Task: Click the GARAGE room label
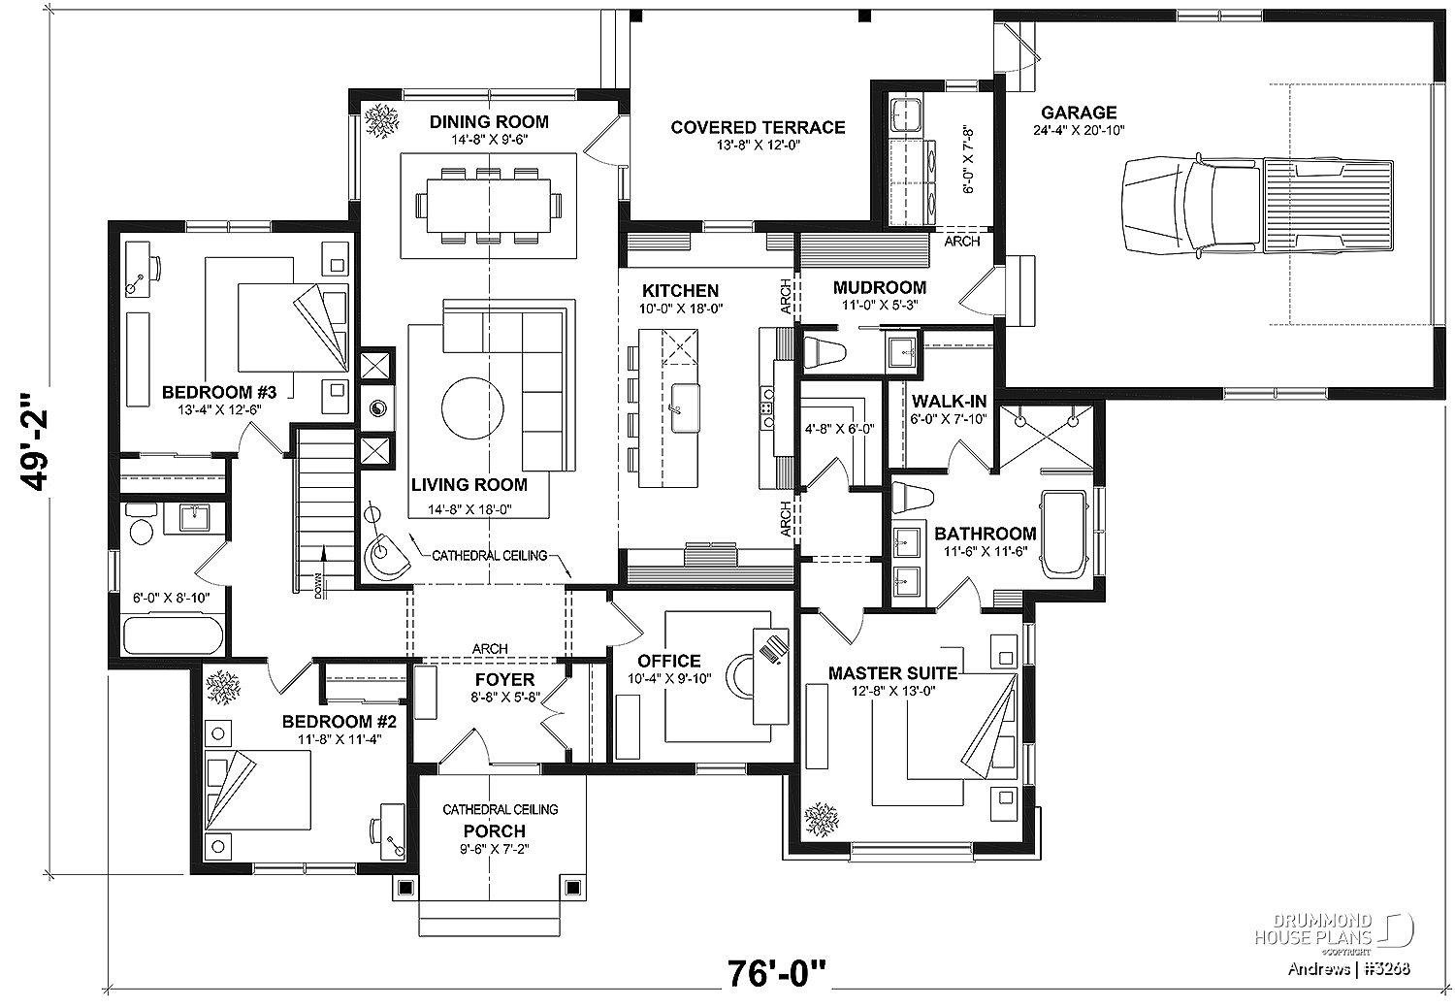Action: point(1079,113)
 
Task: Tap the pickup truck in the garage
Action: point(1258,206)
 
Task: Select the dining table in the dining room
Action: point(489,206)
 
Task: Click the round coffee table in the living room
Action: point(472,408)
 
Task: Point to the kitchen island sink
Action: point(685,407)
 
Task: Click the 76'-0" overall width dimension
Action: point(777,974)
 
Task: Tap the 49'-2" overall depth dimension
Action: point(34,442)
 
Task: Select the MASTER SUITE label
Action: point(892,673)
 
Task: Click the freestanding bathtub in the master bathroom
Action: point(1063,534)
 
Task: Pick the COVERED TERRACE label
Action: point(758,127)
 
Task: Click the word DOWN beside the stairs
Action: point(318,585)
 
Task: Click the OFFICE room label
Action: point(669,662)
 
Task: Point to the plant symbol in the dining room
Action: point(382,121)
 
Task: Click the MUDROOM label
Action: point(880,288)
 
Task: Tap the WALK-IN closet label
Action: point(949,402)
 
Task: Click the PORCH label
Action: point(495,831)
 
